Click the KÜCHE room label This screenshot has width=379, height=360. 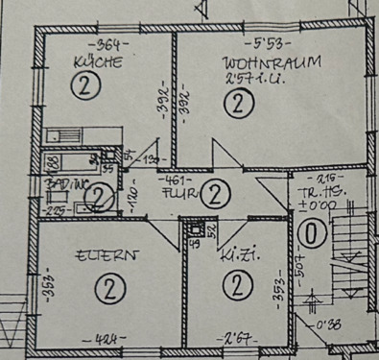click(x=98, y=63)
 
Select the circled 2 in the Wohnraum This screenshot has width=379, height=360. click(x=235, y=106)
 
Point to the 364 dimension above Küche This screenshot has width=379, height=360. click(x=101, y=45)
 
